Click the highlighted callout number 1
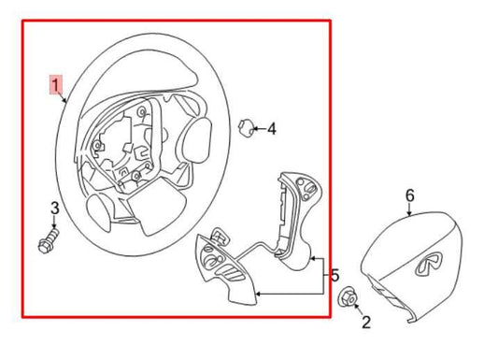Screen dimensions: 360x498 [57, 88]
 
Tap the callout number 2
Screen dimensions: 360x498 [364, 323]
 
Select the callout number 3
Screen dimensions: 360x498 [54, 208]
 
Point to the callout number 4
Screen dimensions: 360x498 [271, 129]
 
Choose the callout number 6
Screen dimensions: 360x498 [408, 195]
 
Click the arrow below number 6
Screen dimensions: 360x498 [409, 209]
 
